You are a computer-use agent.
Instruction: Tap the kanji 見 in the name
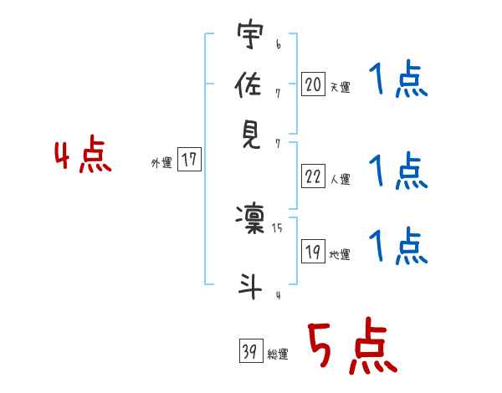pos(250,135)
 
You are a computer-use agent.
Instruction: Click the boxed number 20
pos(313,84)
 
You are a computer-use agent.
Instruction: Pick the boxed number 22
pos(313,176)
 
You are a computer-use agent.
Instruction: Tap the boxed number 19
pos(313,252)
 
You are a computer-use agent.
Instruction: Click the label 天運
pos(340,87)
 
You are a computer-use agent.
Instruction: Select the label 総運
pos(278,355)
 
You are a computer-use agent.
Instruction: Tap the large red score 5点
pos(351,348)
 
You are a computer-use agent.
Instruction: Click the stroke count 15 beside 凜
pos(278,227)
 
